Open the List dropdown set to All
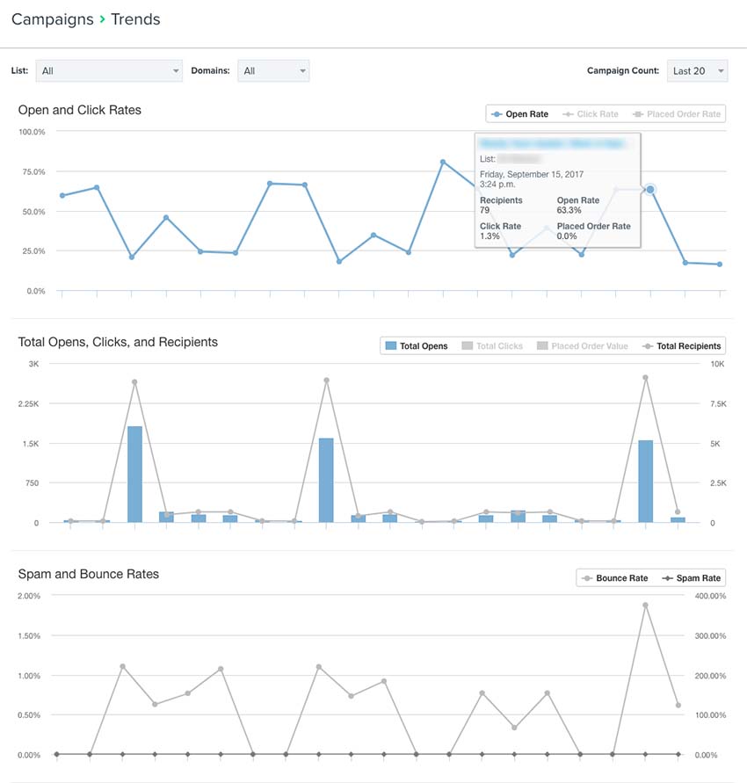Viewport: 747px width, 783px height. [x=108, y=71]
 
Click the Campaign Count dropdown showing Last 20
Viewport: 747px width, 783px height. [x=698, y=71]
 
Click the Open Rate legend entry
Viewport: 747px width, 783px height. [x=520, y=114]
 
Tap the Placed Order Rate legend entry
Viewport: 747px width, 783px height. [x=677, y=114]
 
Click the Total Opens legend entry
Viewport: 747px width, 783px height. [x=417, y=346]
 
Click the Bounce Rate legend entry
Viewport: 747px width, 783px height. [x=614, y=578]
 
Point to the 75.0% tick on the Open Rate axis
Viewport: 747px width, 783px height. [x=33, y=171]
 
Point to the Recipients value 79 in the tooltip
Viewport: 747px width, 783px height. [x=485, y=211]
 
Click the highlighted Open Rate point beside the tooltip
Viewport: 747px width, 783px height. [x=650, y=190]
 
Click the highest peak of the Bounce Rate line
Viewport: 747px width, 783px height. [x=645, y=605]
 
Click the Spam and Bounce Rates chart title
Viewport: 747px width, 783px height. [x=89, y=574]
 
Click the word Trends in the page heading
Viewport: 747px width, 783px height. [x=135, y=18]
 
